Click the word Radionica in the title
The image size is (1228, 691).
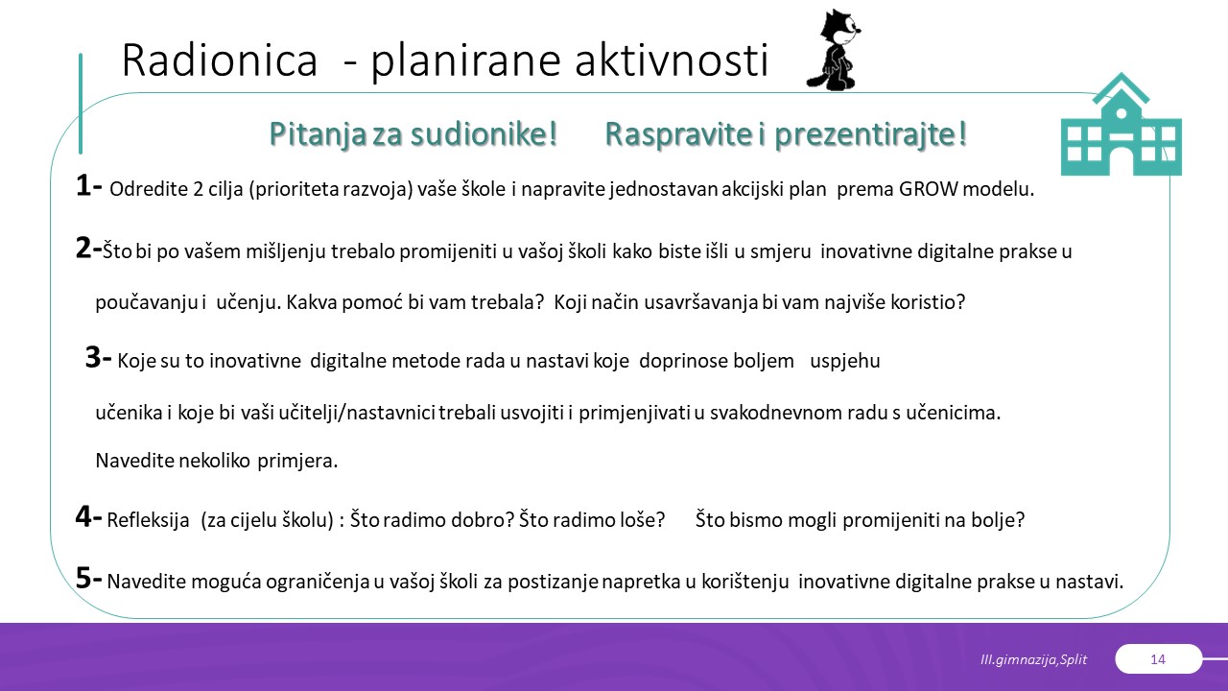pos(220,60)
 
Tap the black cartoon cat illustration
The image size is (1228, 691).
pos(833,50)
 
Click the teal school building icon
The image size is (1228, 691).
pos(1122,125)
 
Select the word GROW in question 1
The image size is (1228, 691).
pos(928,189)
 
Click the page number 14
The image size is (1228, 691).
pos(1158,659)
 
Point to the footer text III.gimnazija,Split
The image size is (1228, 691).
pos(1033,659)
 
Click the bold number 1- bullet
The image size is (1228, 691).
pos(89,185)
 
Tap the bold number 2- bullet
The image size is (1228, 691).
pos(89,248)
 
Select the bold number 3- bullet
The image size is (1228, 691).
pos(99,358)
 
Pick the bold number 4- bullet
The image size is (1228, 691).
pos(89,516)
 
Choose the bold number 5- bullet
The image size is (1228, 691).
pos(89,578)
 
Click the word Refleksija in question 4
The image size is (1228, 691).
pos(148,520)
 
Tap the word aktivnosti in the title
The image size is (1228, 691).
pos(672,60)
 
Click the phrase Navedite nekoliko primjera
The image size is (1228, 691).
pos(217,461)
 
